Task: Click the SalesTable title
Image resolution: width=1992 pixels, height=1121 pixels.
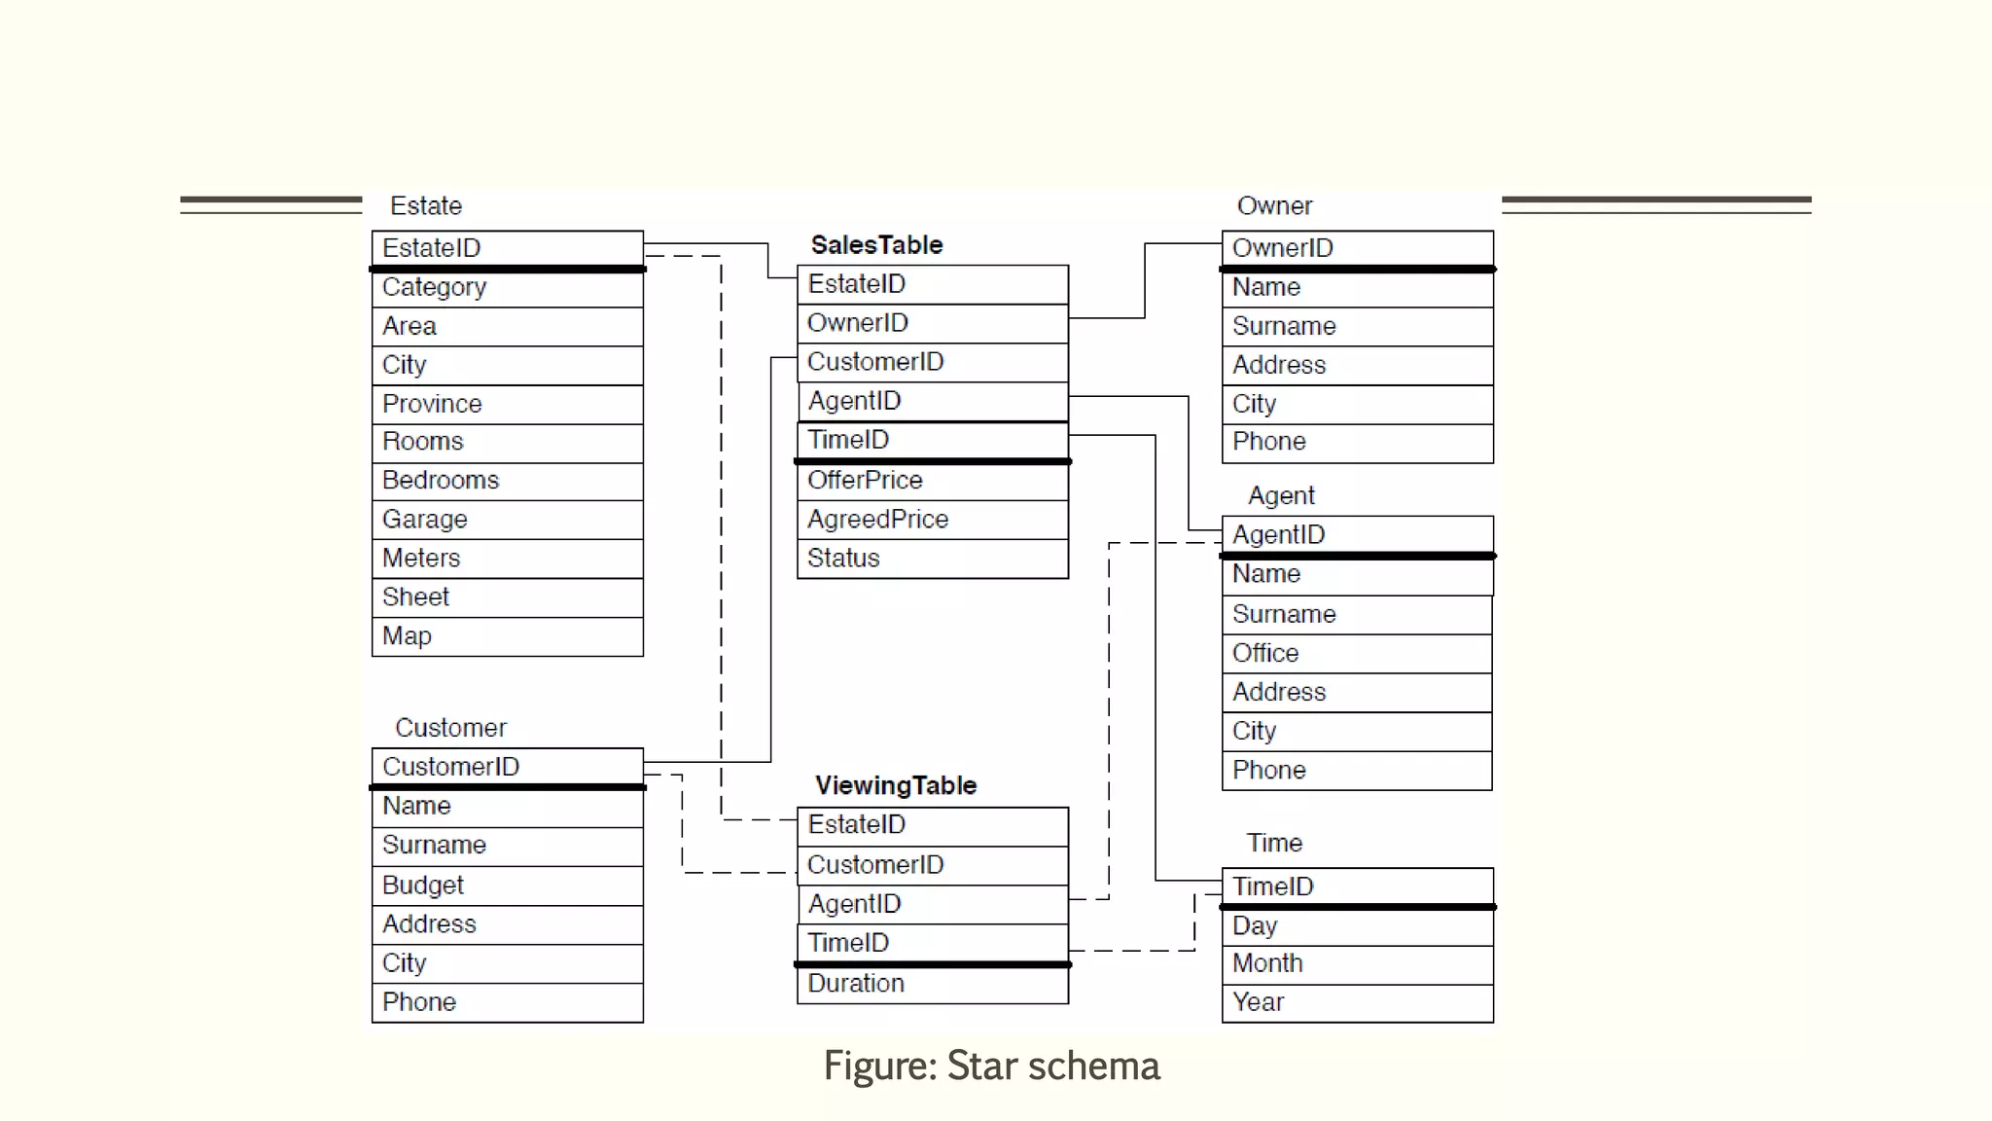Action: (876, 244)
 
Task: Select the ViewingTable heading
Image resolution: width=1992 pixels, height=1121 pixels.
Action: (895, 785)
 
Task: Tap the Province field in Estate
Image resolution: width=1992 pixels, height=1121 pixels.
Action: (507, 404)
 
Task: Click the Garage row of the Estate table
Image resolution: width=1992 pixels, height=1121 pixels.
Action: (507, 520)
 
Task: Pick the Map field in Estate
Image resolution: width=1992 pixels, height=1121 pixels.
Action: (507, 636)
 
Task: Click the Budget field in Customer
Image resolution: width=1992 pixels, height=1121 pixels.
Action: (507, 886)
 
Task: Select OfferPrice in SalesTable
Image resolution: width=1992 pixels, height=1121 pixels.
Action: (932, 481)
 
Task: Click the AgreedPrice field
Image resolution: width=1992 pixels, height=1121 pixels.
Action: (932, 520)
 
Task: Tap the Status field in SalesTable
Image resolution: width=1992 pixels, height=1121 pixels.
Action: (932, 559)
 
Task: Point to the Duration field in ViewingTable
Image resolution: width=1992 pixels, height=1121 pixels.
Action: (932, 984)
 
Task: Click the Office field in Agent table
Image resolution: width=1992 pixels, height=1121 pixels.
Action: (1356, 653)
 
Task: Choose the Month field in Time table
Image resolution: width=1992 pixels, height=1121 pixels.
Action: (1356, 963)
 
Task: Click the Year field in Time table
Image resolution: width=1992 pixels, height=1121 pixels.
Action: (1356, 1002)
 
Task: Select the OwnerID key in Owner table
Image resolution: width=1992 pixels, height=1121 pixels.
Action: (1356, 248)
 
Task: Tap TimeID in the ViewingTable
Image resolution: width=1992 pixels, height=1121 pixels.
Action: (932, 943)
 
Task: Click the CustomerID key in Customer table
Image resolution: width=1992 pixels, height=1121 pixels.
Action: (507, 767)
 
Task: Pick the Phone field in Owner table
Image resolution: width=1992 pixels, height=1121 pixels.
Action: (1356, 442)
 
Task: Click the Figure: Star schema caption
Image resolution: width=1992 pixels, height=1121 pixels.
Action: (991, 1067)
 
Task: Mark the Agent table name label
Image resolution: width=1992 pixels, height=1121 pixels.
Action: (1280, 496)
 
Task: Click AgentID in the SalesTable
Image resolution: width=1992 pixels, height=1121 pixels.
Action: (932, 401)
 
